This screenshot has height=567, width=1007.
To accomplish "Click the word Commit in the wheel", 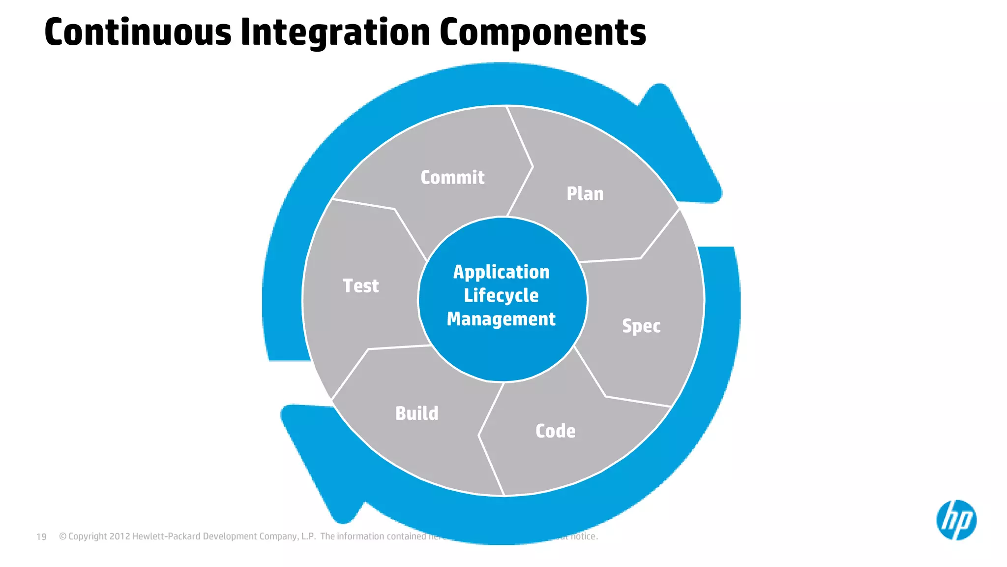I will [x=452, y=178].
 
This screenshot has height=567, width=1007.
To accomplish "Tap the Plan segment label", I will [x=585, y=194].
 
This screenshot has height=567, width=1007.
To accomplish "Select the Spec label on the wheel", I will [x=641, y=326].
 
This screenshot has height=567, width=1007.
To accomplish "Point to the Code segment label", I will [x=555, y=431].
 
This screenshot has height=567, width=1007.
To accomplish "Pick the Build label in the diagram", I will [x=416, y=413].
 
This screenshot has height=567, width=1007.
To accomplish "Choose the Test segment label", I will [x=360, y=286].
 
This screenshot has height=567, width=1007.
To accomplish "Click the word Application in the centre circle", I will [x=501, y=272].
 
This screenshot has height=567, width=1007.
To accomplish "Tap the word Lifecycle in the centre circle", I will [x=501, y=295].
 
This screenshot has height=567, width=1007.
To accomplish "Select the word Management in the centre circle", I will [x=501, y=319].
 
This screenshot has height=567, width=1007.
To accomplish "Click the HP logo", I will [x=956, y=520].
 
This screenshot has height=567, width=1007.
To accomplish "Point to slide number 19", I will [x=41, y=536].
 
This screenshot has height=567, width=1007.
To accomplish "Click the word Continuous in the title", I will [x=138, y=32].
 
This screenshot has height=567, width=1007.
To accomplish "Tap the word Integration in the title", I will [x=335, y=32].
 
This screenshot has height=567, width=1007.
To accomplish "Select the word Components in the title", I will [x=543, y=32].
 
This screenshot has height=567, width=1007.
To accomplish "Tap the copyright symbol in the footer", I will [x=62, y=536].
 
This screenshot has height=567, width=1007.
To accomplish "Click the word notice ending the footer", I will [x=584, y=536].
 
